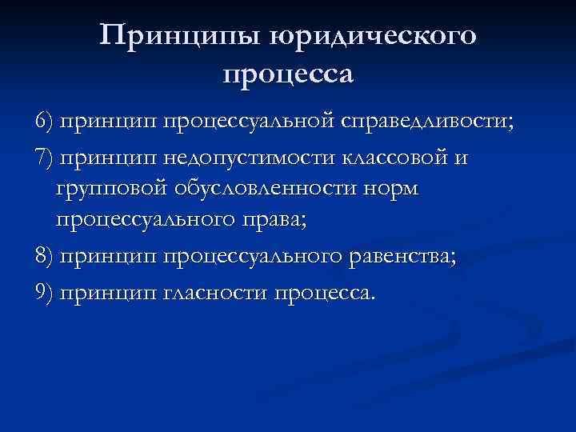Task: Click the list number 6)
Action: point(45,122)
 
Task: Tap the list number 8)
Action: point(45,256)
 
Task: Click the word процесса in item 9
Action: point(324,292)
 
